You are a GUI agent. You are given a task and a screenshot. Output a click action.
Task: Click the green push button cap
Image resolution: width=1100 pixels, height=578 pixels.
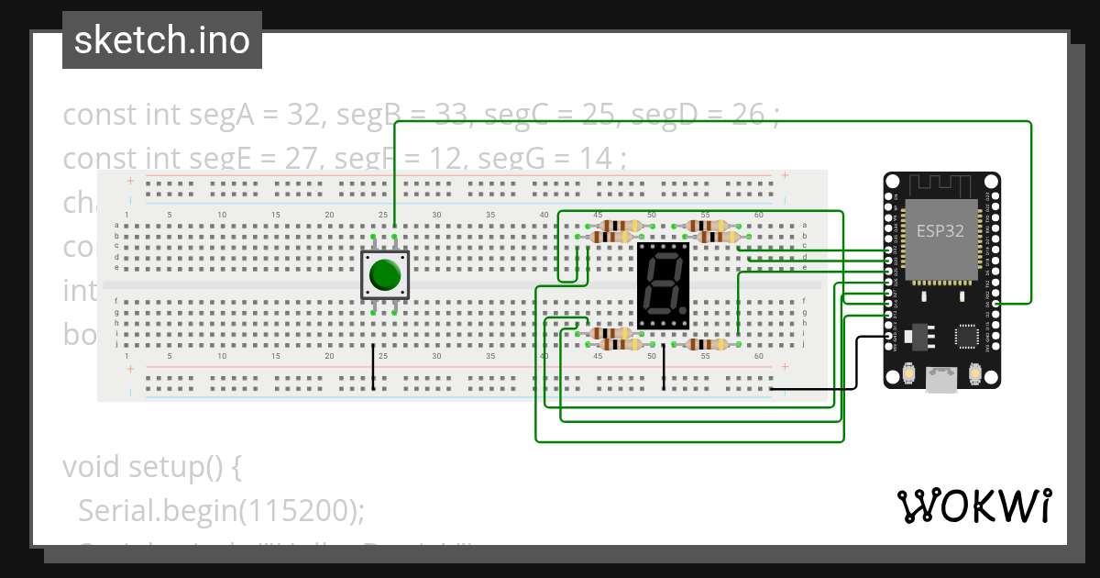click(x=385, y=274)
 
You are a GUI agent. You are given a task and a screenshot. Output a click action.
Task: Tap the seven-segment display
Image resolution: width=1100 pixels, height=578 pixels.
click(x=663, y=286)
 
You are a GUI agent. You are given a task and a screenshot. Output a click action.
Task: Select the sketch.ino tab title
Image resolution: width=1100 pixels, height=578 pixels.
click(x=162, y=40)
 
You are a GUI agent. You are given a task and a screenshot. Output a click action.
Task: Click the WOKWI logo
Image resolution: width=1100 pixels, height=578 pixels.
click(x=973, y=506)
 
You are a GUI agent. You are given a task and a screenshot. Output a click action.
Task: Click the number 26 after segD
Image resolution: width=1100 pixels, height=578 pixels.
click(x=748, y=115)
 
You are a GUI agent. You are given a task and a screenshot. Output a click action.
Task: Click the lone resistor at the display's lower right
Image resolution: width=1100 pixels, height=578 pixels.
click(x=706, y=344)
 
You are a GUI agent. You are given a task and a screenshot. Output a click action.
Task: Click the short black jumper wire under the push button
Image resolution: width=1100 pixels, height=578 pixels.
click(x=373, y=367)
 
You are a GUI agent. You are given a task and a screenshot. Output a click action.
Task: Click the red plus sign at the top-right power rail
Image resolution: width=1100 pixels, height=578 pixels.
click(x=785, y=175)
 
